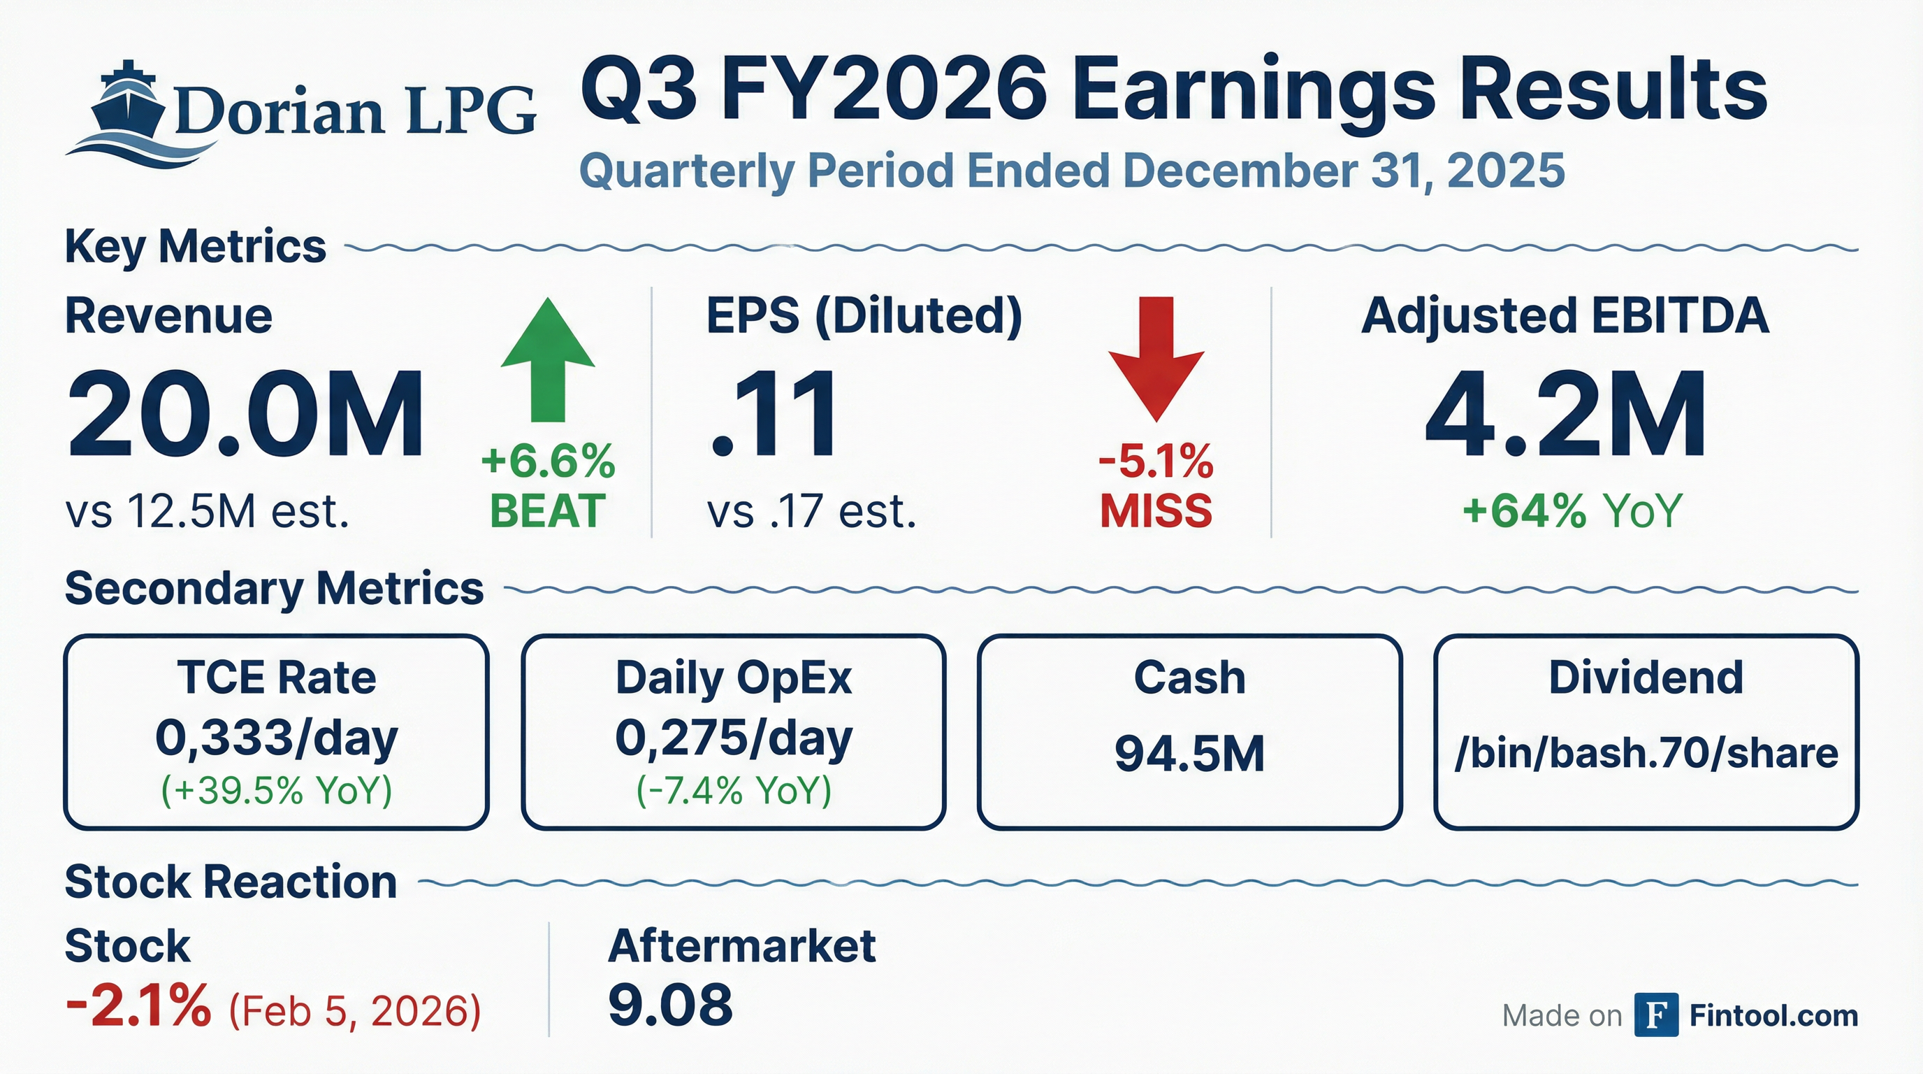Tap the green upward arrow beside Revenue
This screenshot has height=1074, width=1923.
point(548,359)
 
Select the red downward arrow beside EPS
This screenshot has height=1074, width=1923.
point(1156,359)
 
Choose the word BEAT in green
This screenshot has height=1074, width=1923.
point(548,511)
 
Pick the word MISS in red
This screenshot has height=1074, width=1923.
point(1156,511)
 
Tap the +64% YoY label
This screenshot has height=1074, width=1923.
point(1572,511)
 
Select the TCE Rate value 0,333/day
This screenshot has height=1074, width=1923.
point(277,738)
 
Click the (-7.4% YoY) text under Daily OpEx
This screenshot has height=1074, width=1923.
point(734,790)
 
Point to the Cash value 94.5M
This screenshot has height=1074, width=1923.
point(1189,754)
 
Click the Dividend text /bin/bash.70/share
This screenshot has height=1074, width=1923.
point(1646,754)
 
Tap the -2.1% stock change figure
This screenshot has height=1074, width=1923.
point(138,1005)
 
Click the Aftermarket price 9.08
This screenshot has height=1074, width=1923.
point(670,1005)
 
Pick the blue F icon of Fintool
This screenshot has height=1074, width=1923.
point(1657,1015)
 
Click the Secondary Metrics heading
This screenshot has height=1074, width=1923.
point(274,589)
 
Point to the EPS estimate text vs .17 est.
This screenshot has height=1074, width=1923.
point(811,512)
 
